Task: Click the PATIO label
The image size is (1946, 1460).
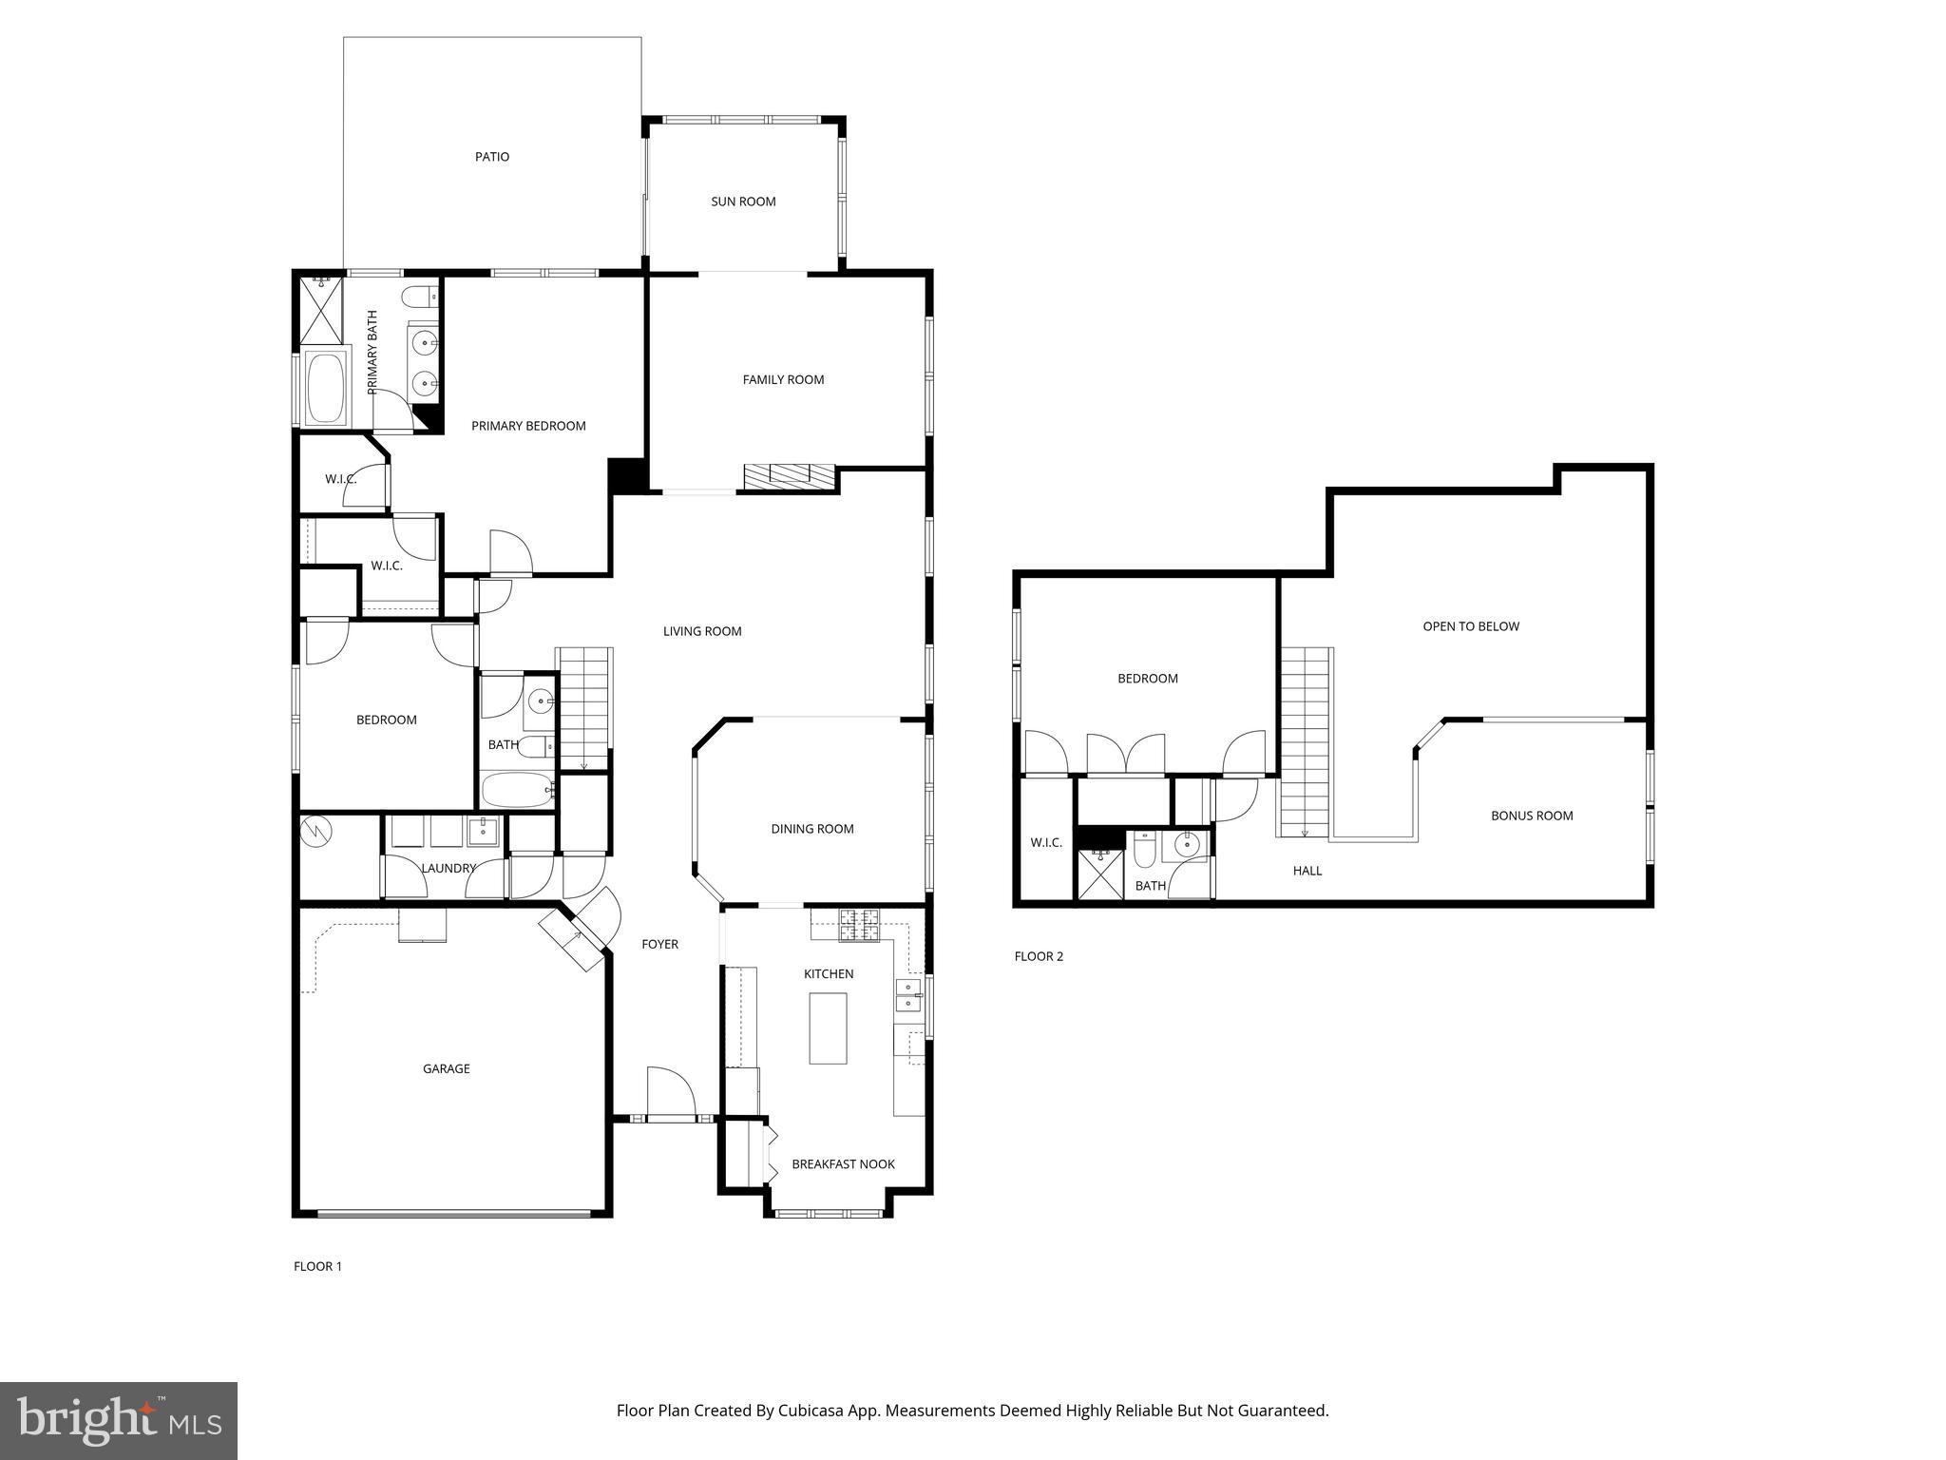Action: (x=492, y=157)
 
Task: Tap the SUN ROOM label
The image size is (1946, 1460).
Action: (x=743, y=202)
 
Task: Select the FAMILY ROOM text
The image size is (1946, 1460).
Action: (x=783, y=379)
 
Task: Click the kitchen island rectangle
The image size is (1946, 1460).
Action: (x=828, y=1028)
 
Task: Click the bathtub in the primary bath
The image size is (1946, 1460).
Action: (x=326, y=388)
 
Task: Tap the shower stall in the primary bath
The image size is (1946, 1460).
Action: (x=322, y=311)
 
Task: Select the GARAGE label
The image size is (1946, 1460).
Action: (x=446, y=1068)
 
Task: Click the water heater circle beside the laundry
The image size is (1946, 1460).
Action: (x=316, y=833)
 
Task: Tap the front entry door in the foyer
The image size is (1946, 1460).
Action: (x=671, y=1093)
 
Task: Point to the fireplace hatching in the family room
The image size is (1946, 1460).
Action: (x=789, y=476)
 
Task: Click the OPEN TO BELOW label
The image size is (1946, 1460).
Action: (x=1470, y=626)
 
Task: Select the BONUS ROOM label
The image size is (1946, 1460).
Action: (x=1531, y=816)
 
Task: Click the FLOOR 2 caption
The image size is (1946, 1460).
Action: (x=1039, y=956)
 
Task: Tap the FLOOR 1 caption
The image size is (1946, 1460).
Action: (x=317, y=1266)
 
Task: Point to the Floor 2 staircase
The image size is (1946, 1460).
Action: (x=1305, y=741)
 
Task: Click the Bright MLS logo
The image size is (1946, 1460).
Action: (x=119, y=1420)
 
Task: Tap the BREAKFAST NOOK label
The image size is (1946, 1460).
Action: (x=843, y=1164)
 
